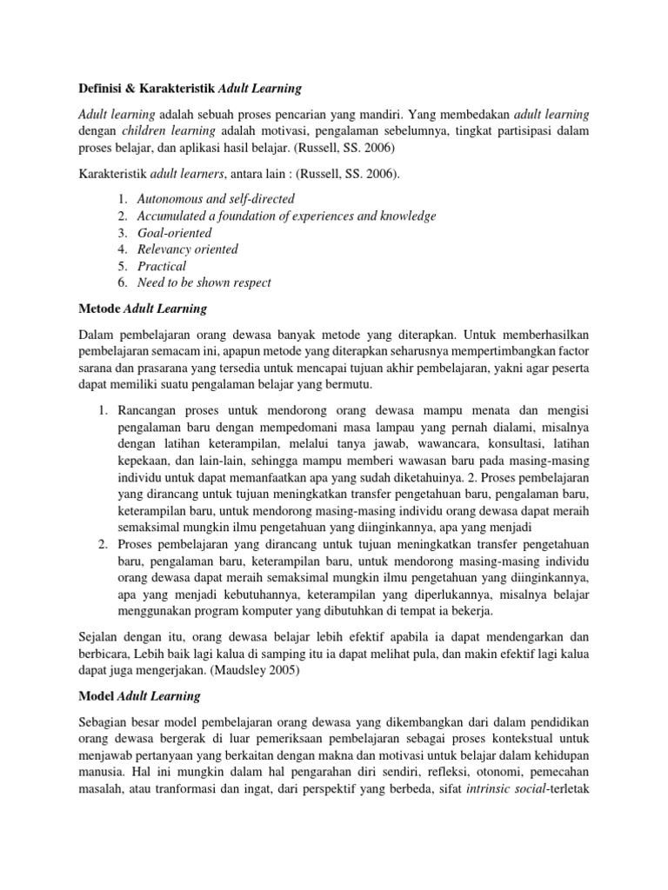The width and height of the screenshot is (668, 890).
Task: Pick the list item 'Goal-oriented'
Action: point(175,233)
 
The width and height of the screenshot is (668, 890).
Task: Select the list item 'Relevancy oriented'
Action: point(188,249)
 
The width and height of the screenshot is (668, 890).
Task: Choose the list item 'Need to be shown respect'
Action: point(204,282)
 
